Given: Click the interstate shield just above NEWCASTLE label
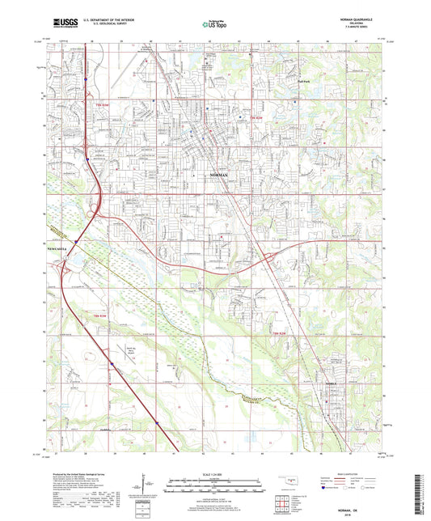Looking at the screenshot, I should tap(74, 240).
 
